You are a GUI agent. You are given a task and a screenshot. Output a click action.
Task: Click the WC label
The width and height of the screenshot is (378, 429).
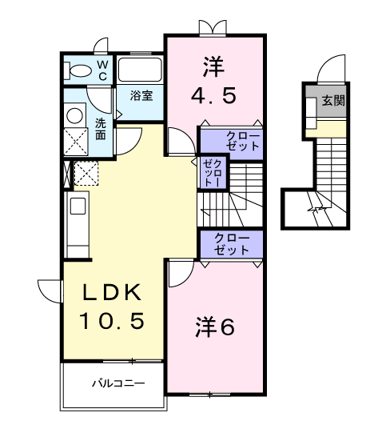coord(102,70)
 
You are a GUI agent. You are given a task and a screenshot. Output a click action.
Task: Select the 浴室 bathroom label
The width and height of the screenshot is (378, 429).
coord(142,94)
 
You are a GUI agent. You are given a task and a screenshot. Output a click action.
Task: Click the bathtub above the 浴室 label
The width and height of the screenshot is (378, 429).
coord(141,70)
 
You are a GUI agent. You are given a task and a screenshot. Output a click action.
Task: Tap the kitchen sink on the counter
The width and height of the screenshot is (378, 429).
coord(78,206)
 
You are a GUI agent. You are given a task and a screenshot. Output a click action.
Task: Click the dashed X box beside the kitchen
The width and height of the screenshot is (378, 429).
coord(85,173)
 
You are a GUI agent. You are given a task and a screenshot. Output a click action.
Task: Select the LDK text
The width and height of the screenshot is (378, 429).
coord(111,292)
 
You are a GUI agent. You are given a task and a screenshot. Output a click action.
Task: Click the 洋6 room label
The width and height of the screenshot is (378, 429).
coord(213,327)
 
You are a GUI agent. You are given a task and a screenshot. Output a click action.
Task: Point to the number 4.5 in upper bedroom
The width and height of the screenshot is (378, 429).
coord(213,96)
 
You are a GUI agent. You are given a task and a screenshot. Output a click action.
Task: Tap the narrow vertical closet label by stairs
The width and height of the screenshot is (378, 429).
coord(213,170)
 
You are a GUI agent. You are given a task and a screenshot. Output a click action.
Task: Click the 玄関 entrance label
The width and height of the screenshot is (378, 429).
coord(333,102)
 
